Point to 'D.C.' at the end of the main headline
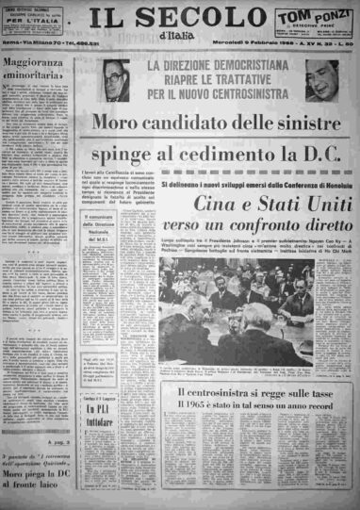tap(318, 153)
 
